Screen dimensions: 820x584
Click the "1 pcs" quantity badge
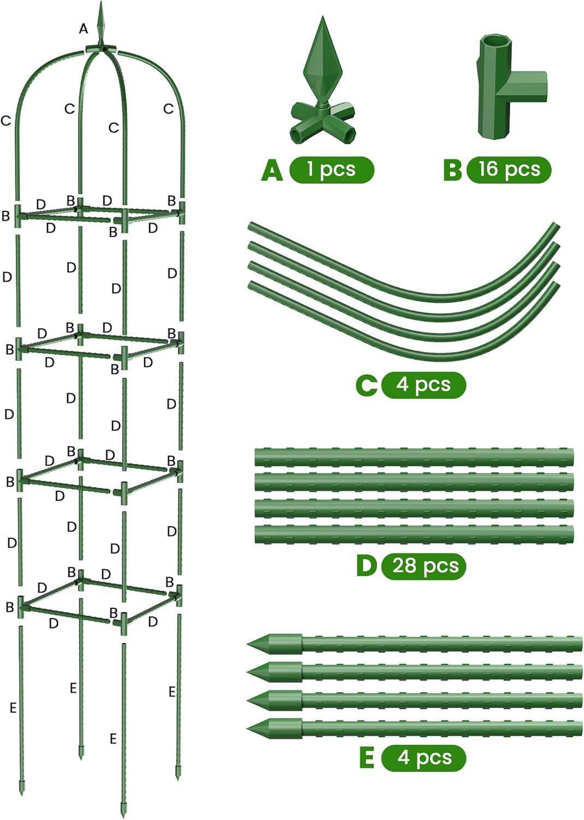click(332, 169)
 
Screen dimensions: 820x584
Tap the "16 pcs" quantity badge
click(509, 169)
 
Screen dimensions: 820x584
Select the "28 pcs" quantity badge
click(425, 565)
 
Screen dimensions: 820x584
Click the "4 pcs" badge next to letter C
click(423, 384)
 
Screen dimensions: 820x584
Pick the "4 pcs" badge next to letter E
click(424, 758)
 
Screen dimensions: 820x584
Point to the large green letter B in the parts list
click(452, 169)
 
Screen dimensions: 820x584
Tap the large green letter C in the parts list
click(366, 385)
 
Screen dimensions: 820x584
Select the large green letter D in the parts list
click(367, 566)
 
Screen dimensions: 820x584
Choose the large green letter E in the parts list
click(367, 758)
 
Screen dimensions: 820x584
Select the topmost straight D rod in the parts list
click(414, 456)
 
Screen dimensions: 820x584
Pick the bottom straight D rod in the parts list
click(414, 534)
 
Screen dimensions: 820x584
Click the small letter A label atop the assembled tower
click(83, 28)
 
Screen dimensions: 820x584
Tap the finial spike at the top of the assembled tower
click(101, 22)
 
